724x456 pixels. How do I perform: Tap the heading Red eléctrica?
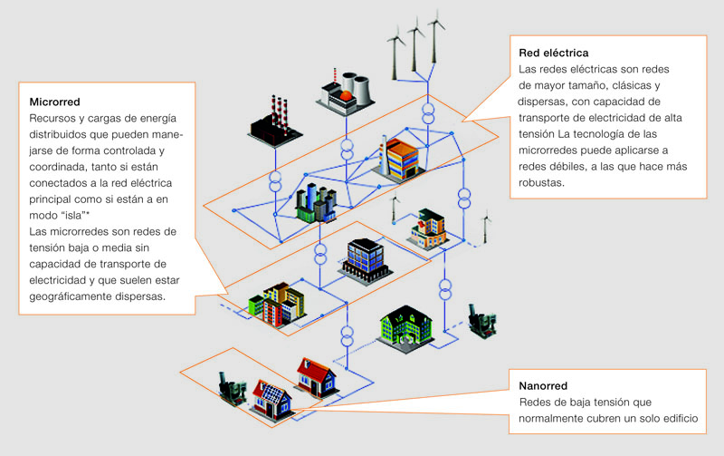click(x=553, y=52)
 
